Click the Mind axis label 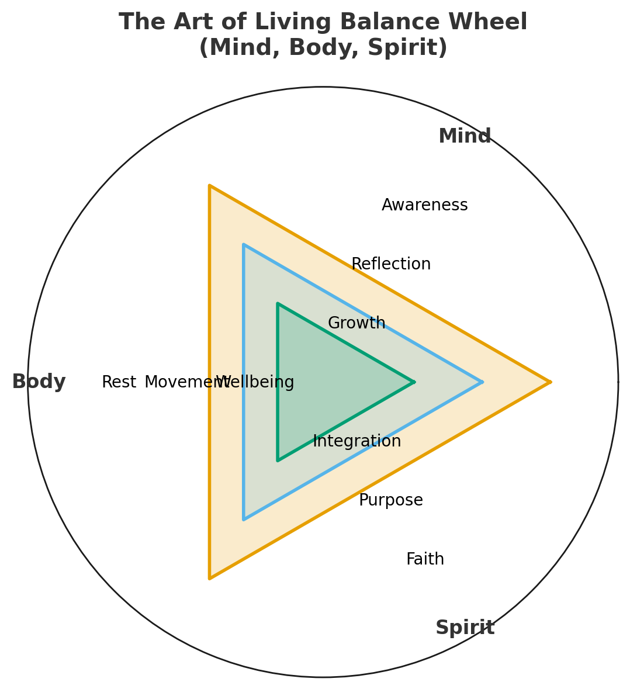click(465, 137)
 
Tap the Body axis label click(39, 382)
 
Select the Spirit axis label click(465, 628)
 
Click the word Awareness click(424, 206)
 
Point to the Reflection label click(391, 265)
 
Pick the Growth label click(356, 324)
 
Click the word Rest click(119, 383)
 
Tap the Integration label click(356, 442)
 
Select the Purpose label click(390, 501)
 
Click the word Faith click(425, 560)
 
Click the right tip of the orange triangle click(550, 382)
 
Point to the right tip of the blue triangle click(482, 382)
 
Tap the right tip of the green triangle click(414, 382)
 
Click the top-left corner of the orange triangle click(210, 186)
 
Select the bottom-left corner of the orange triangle click(210, 578)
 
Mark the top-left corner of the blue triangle click(244, 245)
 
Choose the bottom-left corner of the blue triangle click(244, 519)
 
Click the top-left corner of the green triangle click(278, 304)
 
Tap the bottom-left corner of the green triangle click(278, 460)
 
